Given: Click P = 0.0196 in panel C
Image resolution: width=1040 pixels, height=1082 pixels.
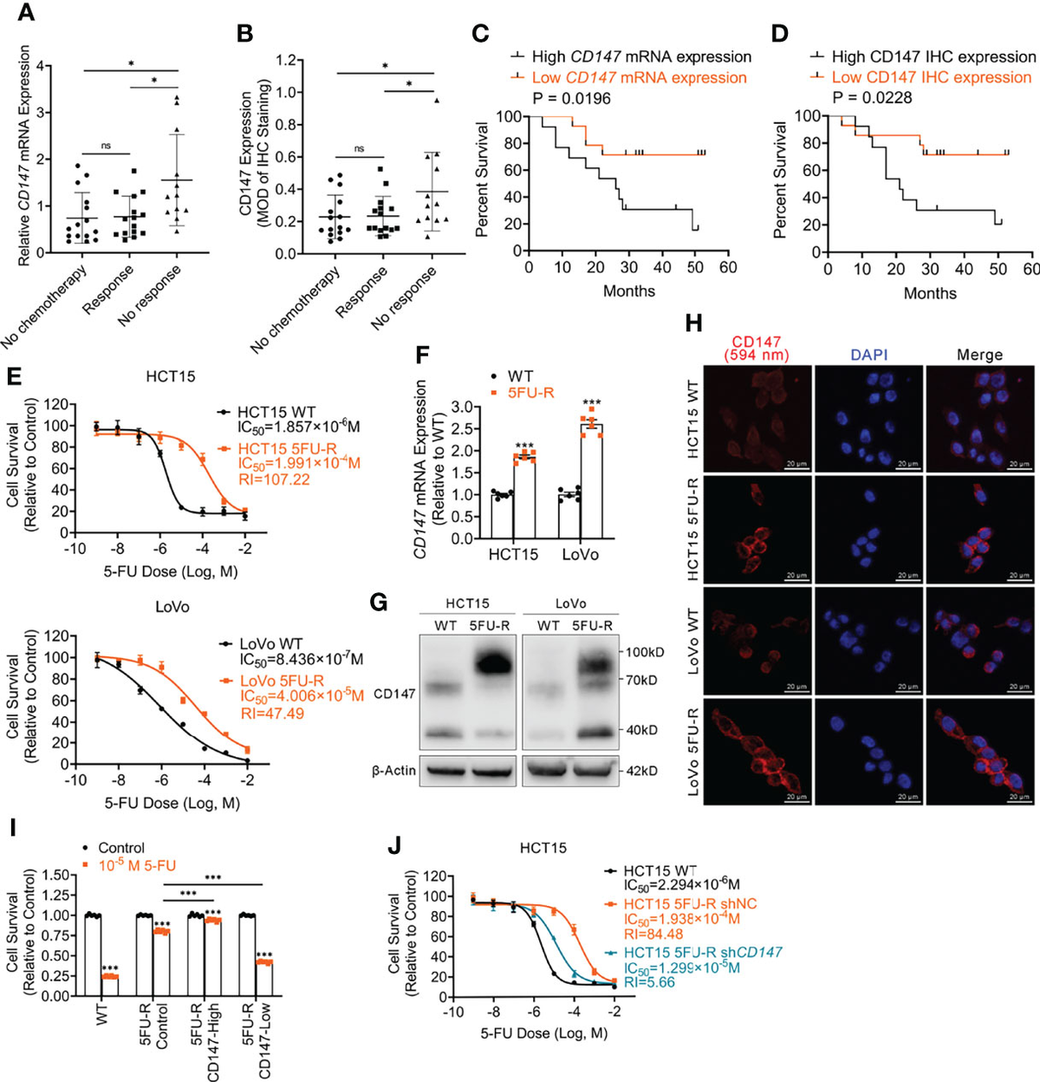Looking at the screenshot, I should pos(561,98).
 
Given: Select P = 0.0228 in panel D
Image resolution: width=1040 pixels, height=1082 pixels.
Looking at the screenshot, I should pos(872,98).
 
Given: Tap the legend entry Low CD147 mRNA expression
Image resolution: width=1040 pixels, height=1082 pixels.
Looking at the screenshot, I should pos(639,77).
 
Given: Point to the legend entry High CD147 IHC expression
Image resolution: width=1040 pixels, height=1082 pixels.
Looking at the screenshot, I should pos(933,56).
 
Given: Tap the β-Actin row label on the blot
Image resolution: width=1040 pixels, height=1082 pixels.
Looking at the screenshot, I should pos(393,770).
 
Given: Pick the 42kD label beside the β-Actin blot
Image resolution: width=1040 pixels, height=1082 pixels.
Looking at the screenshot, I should pos(641,771).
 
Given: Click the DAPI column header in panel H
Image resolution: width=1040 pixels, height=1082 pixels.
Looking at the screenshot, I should pos(868,355).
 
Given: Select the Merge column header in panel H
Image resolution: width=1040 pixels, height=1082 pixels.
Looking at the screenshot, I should pos(979,355).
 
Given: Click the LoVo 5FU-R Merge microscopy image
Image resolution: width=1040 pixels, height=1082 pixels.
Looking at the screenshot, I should pos(979,751).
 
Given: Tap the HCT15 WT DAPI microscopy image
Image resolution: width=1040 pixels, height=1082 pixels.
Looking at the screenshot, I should pos(868,418).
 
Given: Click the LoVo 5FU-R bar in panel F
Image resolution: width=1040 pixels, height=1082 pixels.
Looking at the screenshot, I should pos(591,480).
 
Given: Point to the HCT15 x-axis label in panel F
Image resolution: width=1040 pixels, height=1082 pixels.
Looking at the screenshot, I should pos(513,555).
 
